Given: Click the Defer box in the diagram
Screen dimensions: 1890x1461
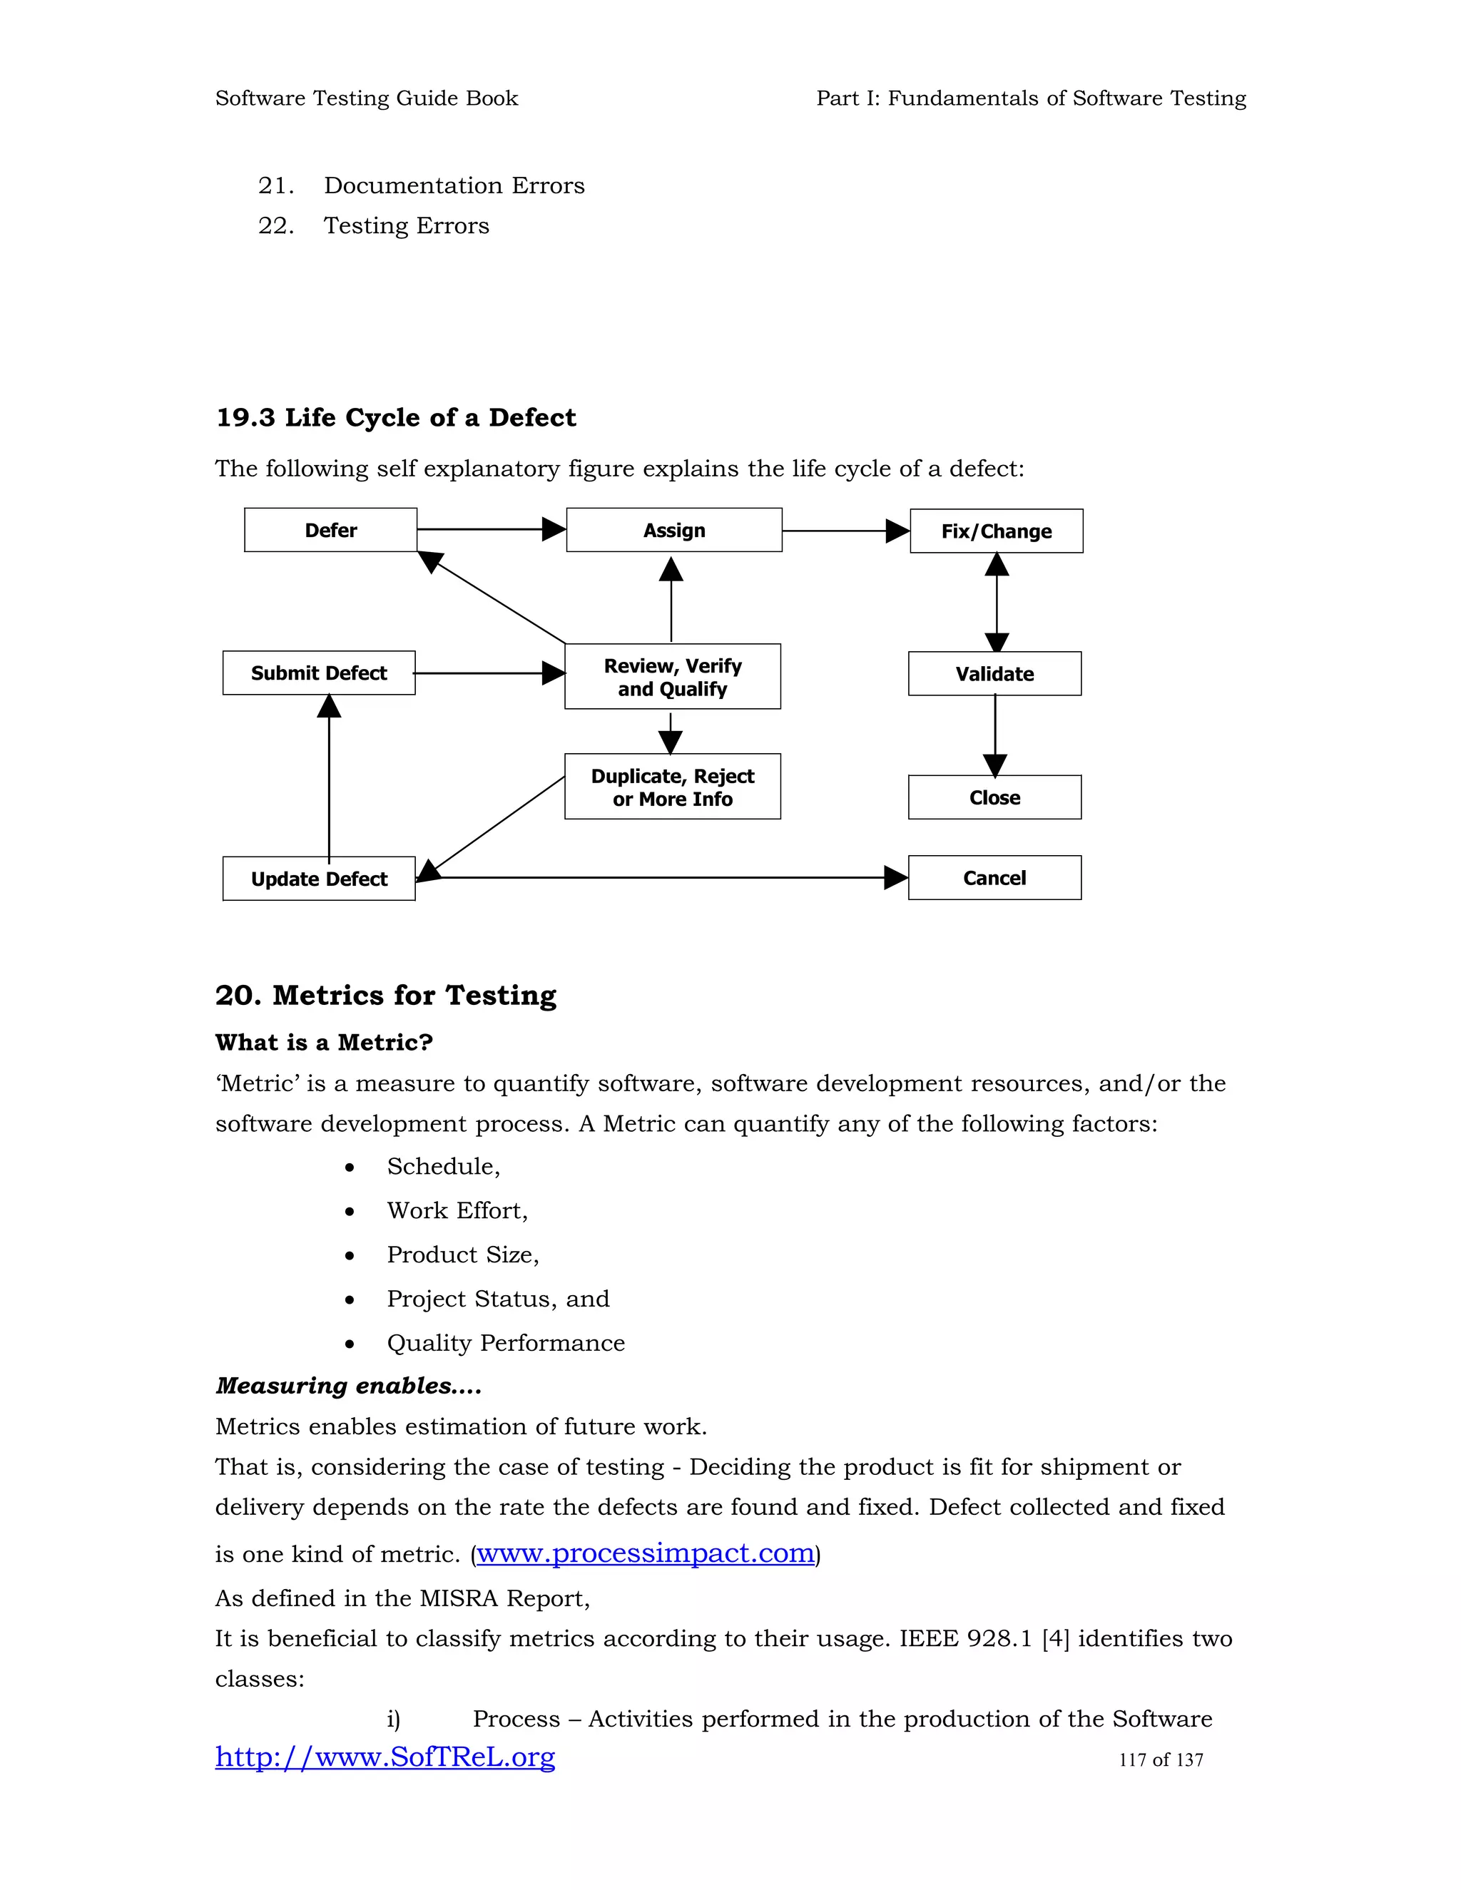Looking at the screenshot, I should pyautogui.click(x=330, y=530).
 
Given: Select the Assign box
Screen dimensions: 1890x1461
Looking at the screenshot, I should pyautogui.click(x=673, y=530).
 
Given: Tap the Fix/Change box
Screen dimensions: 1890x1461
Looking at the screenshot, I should pyautogui.click(x=996, y=531).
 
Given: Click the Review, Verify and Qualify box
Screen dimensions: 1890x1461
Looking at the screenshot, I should pyautogui.click(x=673, y=677).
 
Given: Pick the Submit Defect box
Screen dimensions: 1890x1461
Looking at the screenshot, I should pyautogui.click(x=318, y=673).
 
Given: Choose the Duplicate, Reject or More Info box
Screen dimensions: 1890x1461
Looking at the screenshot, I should pyautogui.click(x=673, y=787).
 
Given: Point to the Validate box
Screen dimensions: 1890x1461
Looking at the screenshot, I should pyautogui.click(x=994, y=673).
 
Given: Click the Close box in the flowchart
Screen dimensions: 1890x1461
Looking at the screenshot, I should pyautogui.click(x=994, y=797).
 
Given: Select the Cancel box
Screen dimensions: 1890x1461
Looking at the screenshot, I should pyautogui.click(x=994, y=877).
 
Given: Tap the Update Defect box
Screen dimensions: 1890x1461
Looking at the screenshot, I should pyautogui.click(x=318, y=879).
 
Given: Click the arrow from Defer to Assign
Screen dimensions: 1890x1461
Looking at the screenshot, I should pyautogui.click(x=491, y=528).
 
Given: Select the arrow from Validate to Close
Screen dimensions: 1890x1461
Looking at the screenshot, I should pyautogui.click(x=995, y=735).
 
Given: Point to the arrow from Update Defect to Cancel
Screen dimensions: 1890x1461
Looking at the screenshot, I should pyautogui.click(x=662, y=877).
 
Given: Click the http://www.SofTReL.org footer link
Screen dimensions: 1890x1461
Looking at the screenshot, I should pyautogui.click(x=385, y=1757).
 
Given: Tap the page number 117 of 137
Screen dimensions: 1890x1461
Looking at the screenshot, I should pyautogui.click(x=1161, y=1759).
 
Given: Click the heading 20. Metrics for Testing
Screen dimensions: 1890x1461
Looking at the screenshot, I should pyautogui.click(x=385, y=995).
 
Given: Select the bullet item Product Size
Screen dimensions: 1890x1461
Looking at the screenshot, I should pyautogui.click(x=462, y=1254).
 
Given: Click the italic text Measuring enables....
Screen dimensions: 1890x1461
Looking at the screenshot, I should pyautogui.click(x=348, y=1386).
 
